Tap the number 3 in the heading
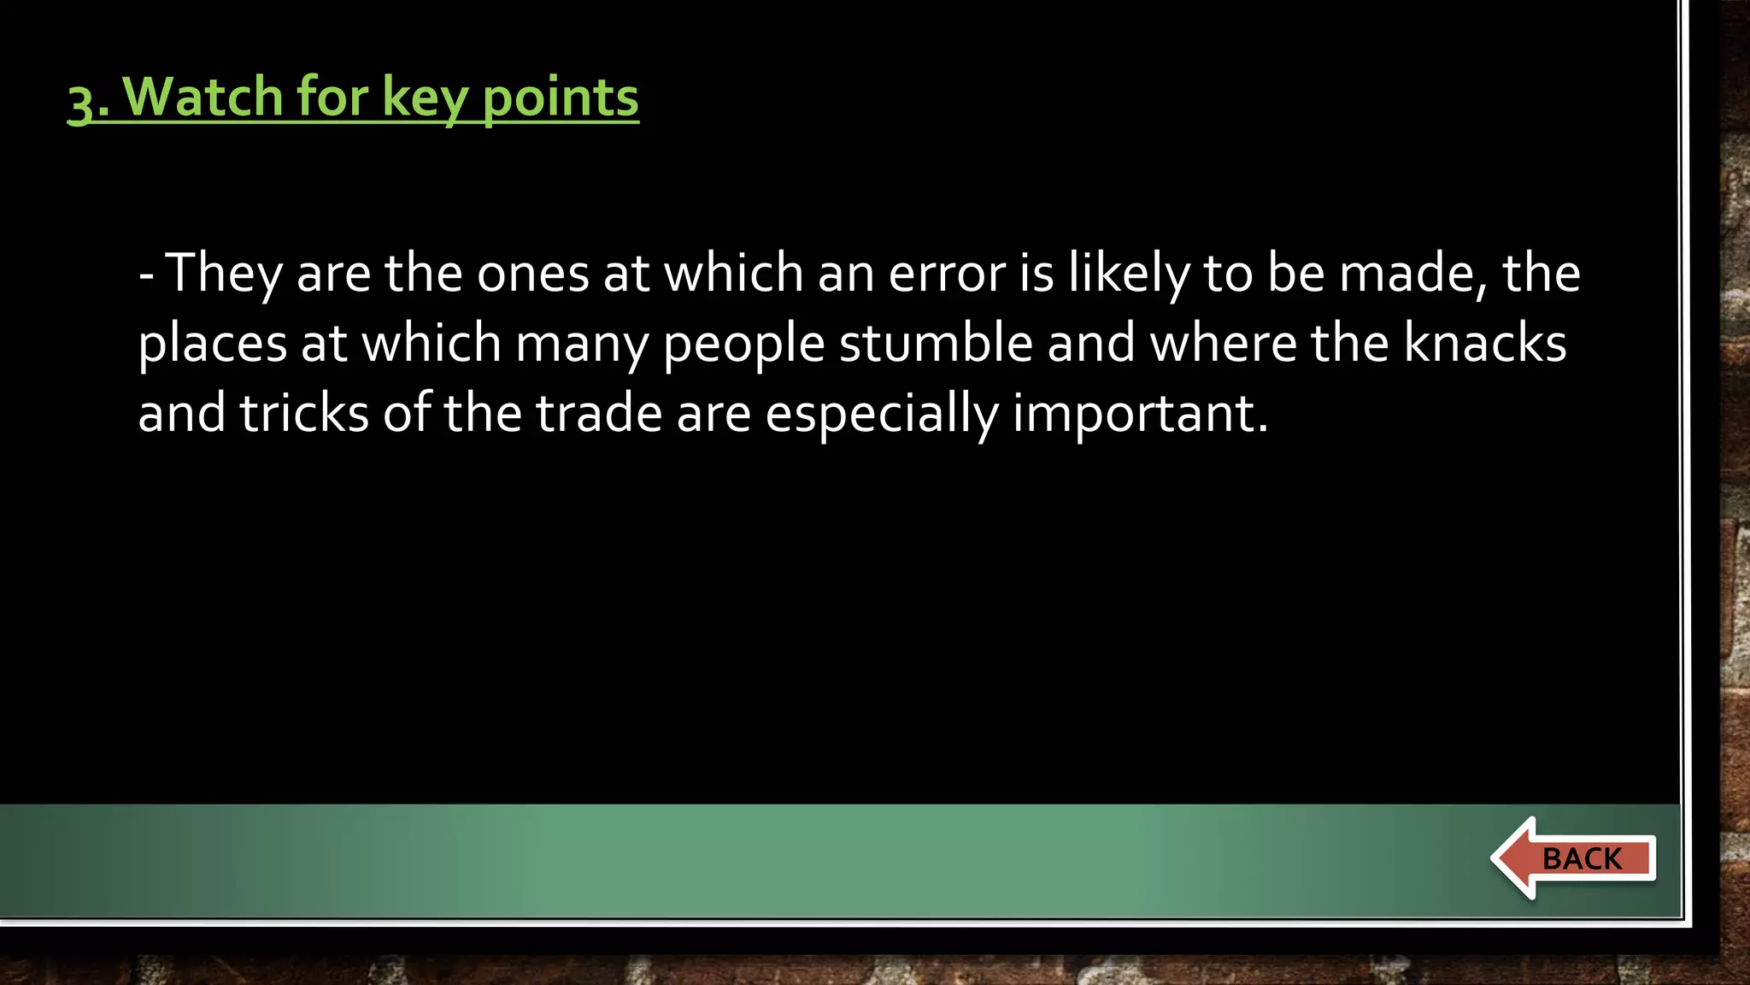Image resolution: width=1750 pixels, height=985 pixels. pyautogui.click(x=79, y=103)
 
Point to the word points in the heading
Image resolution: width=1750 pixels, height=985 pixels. pyautogui.click(x=561, y=97)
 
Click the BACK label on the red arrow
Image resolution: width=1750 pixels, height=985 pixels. pyautogui.click(x=1582, y=858)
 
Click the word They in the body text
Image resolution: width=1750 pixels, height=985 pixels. pyautogui.click(x=224, y=274)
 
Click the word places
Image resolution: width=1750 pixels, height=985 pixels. pyautogui.click(x=212, y=344)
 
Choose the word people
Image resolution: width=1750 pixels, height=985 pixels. pyautogui.click(x=743, y=344)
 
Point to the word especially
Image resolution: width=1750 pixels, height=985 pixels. pyautogui.click(x=881, y=414)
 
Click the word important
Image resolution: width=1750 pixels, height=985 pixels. pyautogui.click(x=1140, y=414)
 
